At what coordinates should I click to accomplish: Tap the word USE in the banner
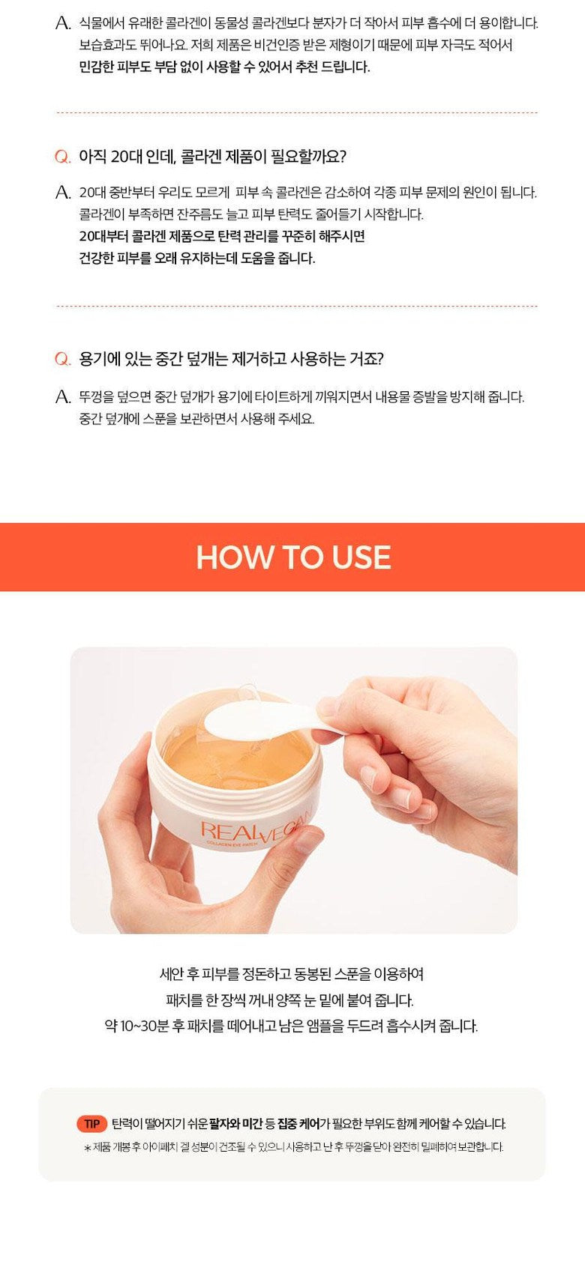tap(361, 557)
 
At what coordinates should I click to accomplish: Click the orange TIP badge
tap(91, 1123)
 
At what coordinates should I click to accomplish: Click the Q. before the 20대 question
tap(63, 157)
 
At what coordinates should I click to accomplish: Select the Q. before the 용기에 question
tap(63, 359)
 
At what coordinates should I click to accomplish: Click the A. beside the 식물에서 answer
tap(64, 23)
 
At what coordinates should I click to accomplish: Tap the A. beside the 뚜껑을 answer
tap(64, 397)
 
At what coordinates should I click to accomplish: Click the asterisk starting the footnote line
tap(87, 1148)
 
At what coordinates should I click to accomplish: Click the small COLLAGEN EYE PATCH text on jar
tap(232, 844)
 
